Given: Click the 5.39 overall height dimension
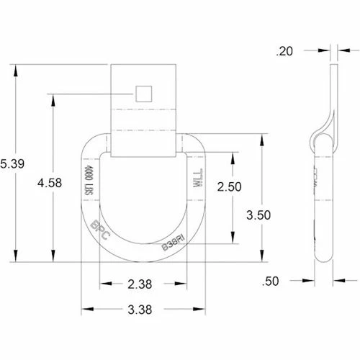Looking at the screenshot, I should (x=13, y=164).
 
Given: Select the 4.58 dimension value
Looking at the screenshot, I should (x=50, y=184).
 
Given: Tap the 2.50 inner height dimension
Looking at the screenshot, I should (x=230, y=186).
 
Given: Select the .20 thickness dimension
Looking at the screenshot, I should (x=285, y=51).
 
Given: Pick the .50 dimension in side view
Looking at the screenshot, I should (x=287, y=282).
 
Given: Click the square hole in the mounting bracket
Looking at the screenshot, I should (x=143, y=93).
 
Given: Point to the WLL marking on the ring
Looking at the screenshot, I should (x=197, y=179).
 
